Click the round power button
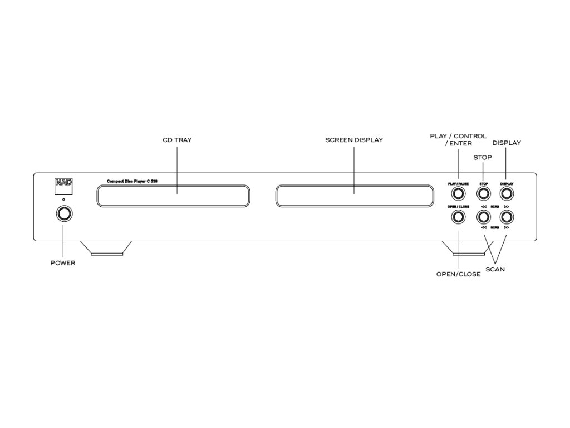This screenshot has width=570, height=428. coord(63,214)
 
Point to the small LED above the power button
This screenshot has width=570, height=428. coord(63,199)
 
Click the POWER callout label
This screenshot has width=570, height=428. coord(62,263)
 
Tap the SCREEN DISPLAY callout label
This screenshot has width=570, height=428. coord(354,140)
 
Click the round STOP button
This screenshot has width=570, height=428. coord(483,193)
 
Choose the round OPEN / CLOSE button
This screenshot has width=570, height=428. coord(458,217)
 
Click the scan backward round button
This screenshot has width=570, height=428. coord(483,217)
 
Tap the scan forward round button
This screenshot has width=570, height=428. coord(507,217)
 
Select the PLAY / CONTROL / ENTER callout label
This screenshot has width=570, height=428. coord(458,139)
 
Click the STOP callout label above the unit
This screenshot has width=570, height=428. coord(483,158)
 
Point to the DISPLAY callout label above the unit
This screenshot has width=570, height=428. coord(507,143)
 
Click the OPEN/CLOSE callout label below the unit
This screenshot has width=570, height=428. coord(458,274)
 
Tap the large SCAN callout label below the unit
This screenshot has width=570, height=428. coord(495,269)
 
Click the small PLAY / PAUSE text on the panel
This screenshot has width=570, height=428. coord(458,183)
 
